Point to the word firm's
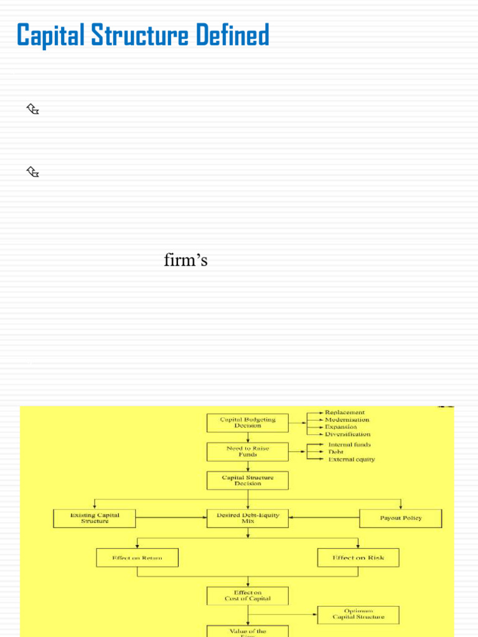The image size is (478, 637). [x=185, y=260]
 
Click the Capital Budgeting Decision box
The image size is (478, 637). [x=247, y=423]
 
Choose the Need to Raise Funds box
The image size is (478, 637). [x=247, y=452]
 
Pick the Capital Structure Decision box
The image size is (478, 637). [x=247, y=480]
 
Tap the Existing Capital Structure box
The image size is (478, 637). [x=95, y=518]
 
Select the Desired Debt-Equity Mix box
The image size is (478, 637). [x=247, y=518]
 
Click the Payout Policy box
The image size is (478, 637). [x=400, y=518]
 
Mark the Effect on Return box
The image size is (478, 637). [x=137, y=557]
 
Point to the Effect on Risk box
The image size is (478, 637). [x=358, y=557]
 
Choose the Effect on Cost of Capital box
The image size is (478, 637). [x=247, y=596]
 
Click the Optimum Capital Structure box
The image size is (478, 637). [x=358, y=615]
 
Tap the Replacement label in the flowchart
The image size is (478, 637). [x=345, y=412]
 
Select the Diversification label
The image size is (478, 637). [x=347, y=434]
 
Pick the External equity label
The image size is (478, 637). [x=352, y=460]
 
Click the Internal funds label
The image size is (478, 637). [x=349, y=445]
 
